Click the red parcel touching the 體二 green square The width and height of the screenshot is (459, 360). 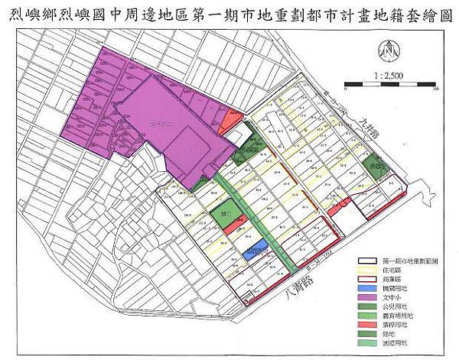click(x=240, y=222)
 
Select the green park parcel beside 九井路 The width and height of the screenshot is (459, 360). click(x=375, y=164)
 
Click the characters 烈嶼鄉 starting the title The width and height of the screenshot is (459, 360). click(x=37, y=13)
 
